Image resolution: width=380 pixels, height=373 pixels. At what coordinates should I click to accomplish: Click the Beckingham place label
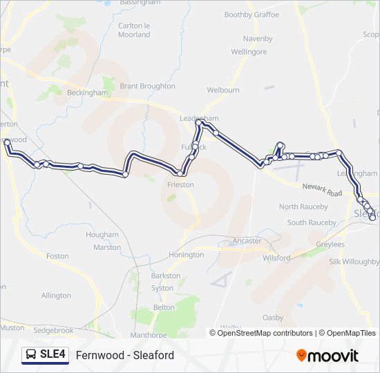(87, 93)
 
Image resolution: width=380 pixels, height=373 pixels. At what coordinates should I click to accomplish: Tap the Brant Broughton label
(147, 86)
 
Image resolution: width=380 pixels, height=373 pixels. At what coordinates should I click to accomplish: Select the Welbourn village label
(223, 90)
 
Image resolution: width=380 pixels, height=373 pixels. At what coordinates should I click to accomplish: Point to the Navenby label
(258, 39)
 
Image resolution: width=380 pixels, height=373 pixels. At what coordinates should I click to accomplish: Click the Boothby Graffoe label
(251, 15)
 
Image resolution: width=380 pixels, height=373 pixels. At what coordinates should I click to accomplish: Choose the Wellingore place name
(249, 52)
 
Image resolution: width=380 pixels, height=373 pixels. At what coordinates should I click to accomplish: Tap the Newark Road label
(322, 191)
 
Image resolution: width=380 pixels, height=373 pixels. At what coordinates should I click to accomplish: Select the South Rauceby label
(312, 222)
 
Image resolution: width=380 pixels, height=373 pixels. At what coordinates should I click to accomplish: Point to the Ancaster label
(247, 241)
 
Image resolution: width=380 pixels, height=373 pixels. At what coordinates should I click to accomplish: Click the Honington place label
(186, 255)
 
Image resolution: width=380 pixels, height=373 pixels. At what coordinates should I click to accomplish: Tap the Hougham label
(102, 235)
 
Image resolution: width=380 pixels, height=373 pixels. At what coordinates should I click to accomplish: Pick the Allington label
(56, 296)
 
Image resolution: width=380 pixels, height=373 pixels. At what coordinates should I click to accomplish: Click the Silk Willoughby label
(354, 262)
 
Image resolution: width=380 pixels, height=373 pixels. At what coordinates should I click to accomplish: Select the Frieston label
(180, 185)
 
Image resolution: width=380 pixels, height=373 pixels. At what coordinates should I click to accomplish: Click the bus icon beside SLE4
(31, 355)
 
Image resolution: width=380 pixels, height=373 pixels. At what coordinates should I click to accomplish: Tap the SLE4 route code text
(53, 355)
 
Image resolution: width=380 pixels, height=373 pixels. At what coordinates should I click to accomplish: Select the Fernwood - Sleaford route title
(125, 356)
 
